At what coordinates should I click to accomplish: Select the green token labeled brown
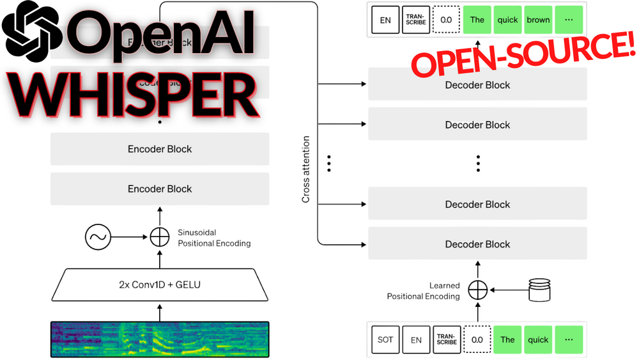[538, 20]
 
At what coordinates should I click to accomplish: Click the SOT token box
[385, 340]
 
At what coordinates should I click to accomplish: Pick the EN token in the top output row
[385, 20]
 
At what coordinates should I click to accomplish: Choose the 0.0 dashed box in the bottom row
[477, 340]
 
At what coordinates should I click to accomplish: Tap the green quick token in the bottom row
[538, 340]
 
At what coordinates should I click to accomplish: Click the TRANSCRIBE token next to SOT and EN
[446, 340]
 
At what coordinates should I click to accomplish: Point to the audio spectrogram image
[160, 339]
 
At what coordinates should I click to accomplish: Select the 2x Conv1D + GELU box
[160, 284]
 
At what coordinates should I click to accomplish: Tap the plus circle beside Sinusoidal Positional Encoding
[160, 238]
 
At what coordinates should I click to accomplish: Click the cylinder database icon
[539, 290]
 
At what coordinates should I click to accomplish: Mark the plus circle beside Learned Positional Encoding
[477, 290]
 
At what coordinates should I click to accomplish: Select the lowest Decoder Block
[477, 244]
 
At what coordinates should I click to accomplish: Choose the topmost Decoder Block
[477, 85]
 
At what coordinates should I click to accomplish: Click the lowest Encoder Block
[160, 189]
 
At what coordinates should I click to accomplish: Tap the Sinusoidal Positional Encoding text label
[214, 238]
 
